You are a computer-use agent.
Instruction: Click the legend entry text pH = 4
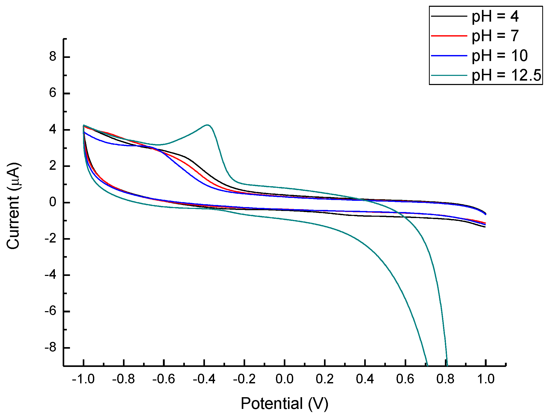(x=495, y=17)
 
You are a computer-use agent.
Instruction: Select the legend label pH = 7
(x=495, y=36)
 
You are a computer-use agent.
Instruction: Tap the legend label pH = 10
(x=500, y=56)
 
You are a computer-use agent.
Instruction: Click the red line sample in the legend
(x=449, y=36)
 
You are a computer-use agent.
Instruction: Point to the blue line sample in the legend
(x=449, y=56)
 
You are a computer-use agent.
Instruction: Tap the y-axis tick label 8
(x=53, y=57)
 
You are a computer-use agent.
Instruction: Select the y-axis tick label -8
(x=50, y=348)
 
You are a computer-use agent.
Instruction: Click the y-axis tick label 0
(x=53, y=202)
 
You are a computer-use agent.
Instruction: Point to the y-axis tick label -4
(x=50, y=275)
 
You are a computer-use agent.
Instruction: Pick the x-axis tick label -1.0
(x=83, y=379)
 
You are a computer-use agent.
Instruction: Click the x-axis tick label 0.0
(x=284, y=379)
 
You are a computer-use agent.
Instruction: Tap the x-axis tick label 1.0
(x=486, y=379)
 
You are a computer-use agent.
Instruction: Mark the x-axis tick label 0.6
(x=405, y=379)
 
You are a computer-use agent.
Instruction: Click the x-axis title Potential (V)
(x=284, y=403)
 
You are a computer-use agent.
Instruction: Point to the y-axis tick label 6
(x=53, y=93)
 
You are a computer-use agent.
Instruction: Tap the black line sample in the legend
(x=449, y=16)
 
